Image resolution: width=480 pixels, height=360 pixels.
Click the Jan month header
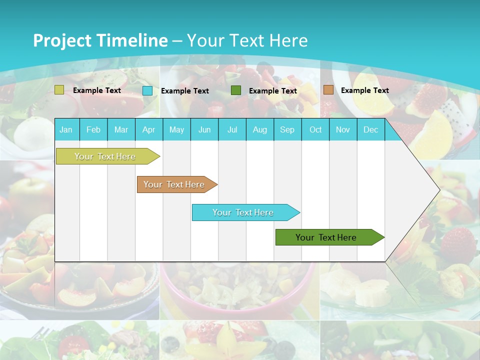coord(66,129)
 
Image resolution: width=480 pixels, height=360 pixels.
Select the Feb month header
coord(93,129)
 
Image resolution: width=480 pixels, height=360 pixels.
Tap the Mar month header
coord(121,129)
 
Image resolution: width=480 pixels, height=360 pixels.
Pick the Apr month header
coord(148,129)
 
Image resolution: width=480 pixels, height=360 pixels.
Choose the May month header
coord(176,129)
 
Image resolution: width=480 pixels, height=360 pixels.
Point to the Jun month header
coord(204,129)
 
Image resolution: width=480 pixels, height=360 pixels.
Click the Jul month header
coord(232,129)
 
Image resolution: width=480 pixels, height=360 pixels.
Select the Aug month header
coord(260,129)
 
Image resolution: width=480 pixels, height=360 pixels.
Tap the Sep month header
coord(287,129)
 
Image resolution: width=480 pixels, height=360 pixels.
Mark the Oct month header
coord(315,129)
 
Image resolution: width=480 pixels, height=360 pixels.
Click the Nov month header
coord(343,129)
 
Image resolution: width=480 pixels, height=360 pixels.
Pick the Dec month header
coord(371,129)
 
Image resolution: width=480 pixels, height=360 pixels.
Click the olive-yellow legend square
coord(59,90)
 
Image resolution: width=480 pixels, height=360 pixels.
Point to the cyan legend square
coord(147,90)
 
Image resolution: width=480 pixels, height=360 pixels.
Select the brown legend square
coord(328,90)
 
